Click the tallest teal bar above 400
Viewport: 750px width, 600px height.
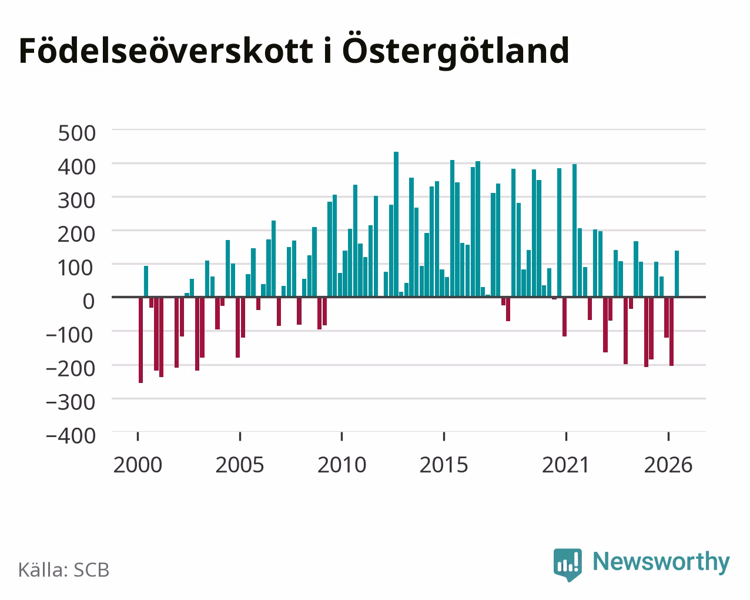(396, 224)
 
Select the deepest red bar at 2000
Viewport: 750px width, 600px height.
(141, 340)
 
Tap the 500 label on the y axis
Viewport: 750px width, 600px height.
(76, 133)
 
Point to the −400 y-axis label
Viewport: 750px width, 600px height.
(71, 436)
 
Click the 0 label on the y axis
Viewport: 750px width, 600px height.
(89, 301)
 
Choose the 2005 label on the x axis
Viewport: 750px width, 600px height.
(240, 465)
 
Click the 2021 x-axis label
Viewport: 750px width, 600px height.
(565, 465)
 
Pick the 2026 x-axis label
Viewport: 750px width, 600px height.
(668, 465)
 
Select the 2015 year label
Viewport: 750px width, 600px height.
(444, 465)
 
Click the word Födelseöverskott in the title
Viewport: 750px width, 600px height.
(166, 51)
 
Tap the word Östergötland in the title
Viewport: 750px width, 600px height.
(456, 51)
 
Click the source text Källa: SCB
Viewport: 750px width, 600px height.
(64, 570)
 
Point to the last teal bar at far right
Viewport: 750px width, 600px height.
(677, 274)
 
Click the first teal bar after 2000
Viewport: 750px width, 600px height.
(146, 282)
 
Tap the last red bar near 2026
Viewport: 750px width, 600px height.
(672, 331)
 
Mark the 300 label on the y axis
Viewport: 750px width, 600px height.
(76, 201)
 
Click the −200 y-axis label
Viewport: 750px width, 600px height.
(71, 369)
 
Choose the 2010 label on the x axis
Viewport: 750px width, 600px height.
(342, 465)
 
